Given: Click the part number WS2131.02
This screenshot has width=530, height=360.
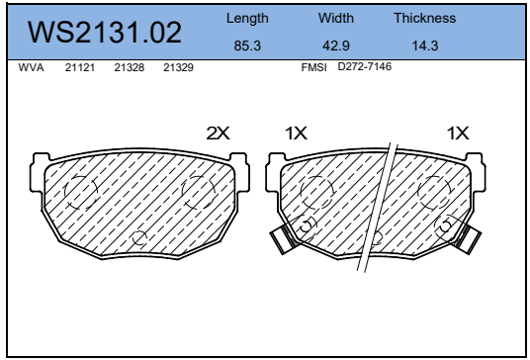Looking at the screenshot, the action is pyautogui.click(x=105, y=33).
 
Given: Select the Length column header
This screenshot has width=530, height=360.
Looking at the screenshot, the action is pyautogui.click(x=247, y=19).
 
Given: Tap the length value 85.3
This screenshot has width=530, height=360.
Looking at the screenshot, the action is pyautogui.click(x=247, y=45).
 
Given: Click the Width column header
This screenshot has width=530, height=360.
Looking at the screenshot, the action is pyautogui.click(x=336, y=18).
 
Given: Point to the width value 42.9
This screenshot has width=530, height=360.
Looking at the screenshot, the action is pyautogui.click(x=336, y=45).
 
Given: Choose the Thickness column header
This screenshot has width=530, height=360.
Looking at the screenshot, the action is pyautogui.click(x=425, y=18).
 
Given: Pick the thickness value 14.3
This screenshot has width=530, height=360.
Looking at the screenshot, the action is pyautogui.click(x=425, y=45).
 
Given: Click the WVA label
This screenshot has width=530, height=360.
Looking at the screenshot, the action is pyautogui.click(x=31, y=67).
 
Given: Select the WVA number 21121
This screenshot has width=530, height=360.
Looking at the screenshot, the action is pyautogui.click(x=80, y=67).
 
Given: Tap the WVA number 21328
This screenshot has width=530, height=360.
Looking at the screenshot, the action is pyautogui.click(x=130, y=67).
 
